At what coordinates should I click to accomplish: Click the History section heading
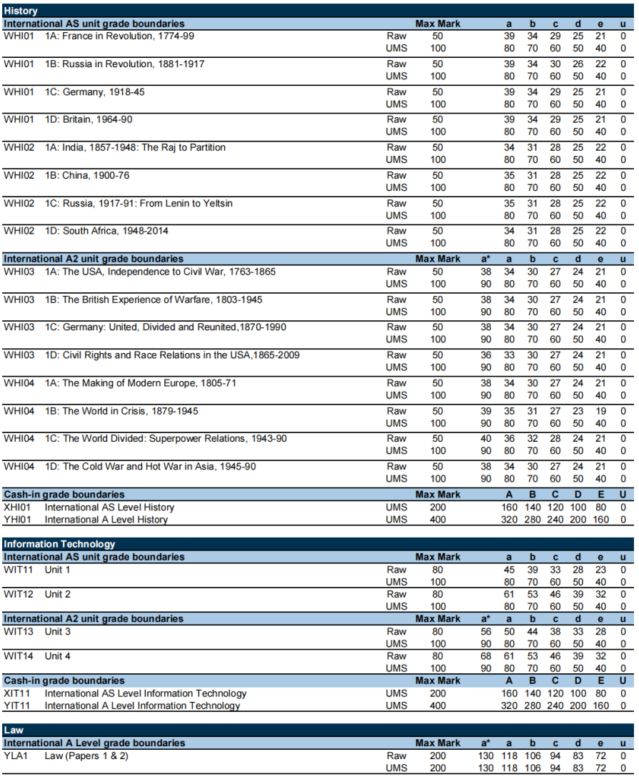(x=21, y=11)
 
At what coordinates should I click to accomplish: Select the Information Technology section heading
(x=59, y=544)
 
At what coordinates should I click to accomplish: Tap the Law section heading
(x=14, y=730)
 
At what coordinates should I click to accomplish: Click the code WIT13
(x=17, y=632)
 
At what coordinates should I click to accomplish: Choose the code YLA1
(x=15, y=756)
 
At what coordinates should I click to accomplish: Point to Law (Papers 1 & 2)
(x=86, y=756)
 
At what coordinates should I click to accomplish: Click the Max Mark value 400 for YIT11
(x=437, y=706)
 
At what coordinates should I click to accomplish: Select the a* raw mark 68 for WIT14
(x=485, y=656)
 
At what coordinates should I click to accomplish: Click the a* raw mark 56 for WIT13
(x=485, y=632)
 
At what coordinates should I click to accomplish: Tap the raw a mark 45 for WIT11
(x=509, y=570)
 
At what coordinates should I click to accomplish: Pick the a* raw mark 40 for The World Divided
(x=485, y=439)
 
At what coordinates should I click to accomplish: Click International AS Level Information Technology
(x=146, y=693)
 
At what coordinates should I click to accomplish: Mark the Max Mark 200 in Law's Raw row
(x=437, y=756)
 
